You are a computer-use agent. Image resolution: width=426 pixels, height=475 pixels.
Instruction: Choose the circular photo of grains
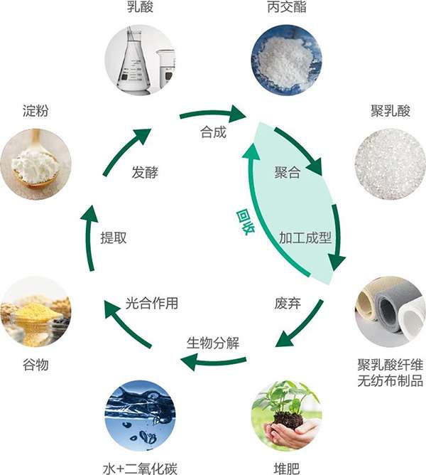point(35,311)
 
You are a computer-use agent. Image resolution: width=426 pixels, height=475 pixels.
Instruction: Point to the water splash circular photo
point(140,415)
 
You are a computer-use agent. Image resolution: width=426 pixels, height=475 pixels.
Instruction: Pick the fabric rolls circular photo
point(390,311)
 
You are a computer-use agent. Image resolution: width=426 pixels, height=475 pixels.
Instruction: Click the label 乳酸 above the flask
point(140,9)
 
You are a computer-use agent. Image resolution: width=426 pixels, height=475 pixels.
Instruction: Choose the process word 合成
point(214,132)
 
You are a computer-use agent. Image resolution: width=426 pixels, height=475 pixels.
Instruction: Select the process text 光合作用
point(151,304)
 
